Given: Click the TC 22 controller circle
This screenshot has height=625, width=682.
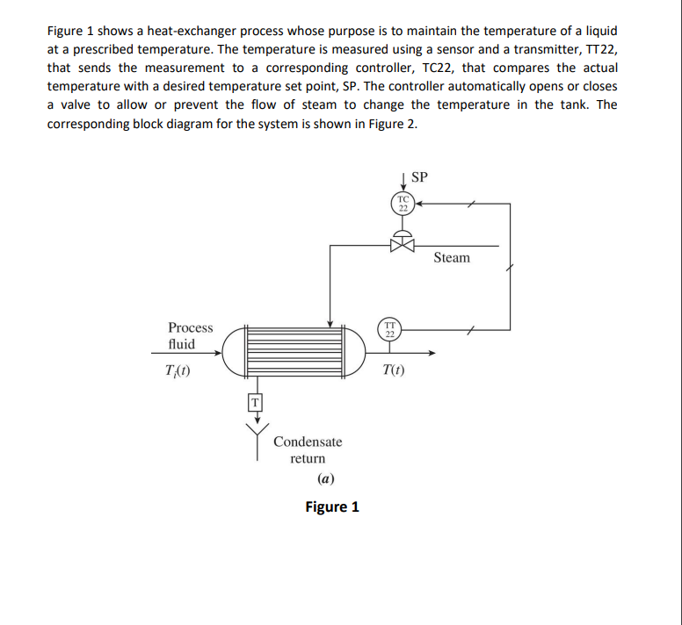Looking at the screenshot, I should pos(403,203).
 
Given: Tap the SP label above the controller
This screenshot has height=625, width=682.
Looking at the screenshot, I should pos(420,176).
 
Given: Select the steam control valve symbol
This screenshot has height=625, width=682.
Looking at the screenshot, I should pos(403,239).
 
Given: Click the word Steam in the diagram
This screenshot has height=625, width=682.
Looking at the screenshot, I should pos(452,257).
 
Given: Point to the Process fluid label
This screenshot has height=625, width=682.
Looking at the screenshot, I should pos(190,336).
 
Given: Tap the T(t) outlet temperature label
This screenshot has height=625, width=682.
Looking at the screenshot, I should pos(395,370).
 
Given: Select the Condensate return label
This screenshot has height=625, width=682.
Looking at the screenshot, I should pos(308,449).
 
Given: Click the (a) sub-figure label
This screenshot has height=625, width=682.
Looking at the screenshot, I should pos(325,479).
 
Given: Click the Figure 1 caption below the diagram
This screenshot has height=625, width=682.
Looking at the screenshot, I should pos(331,507).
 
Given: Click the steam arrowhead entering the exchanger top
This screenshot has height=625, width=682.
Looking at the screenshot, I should pos(329,320).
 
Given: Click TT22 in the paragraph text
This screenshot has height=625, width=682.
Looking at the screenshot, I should pos(598,49).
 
